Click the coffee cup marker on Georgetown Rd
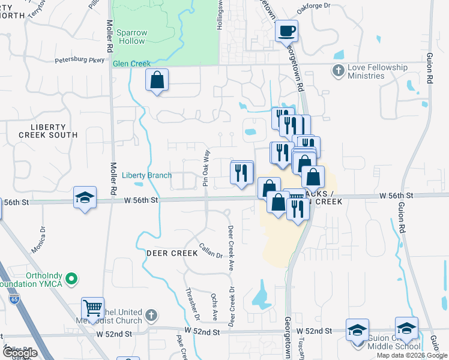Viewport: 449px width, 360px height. tap(287, 31)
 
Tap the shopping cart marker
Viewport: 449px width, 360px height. tap(93, 309)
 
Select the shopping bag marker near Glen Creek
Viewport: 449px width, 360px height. tap(157, 80)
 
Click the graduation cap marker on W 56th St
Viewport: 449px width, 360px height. tap(85, 197)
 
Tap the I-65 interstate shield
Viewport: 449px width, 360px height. tap(13, 298)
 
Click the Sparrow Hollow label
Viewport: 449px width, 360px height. tap(130, 37)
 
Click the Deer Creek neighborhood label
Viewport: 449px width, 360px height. tap(172, 253)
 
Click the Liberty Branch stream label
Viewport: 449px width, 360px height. tap(146, 175)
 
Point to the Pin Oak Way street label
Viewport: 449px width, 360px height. tap(205, 169)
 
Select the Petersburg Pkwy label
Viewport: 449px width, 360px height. tap(79, 60)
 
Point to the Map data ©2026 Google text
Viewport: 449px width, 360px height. tap(411, 355)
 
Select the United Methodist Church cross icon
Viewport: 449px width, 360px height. tap(151, 316)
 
